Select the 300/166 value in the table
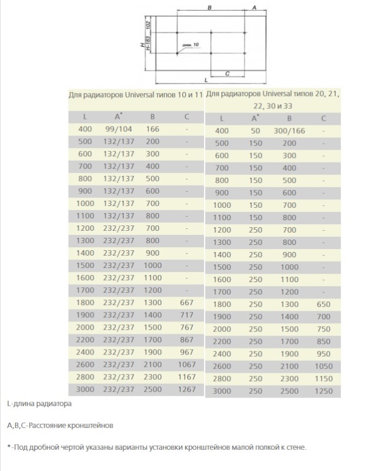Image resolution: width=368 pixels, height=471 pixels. (x=289, y=131)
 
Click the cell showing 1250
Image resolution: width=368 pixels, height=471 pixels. (x=323, y=391)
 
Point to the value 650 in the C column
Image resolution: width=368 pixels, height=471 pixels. (x=323, y=304)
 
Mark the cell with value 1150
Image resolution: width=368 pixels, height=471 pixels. (x=323, y=379)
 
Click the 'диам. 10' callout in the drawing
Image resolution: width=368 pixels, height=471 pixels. (x=192, y=45)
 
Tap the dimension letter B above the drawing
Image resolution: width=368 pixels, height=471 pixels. (x=210, y=7)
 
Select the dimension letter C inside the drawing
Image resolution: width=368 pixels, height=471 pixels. (x=226, y=72)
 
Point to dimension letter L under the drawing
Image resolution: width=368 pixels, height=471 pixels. (x=205, y=78)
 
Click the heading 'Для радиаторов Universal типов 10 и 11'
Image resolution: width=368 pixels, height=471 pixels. (x=135, y=94)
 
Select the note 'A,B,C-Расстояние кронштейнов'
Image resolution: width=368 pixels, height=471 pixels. (x=59, y=424)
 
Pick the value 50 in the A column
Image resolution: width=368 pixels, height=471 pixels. (x=255, y=131)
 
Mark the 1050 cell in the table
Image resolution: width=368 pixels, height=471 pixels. (x=323, y=366)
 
